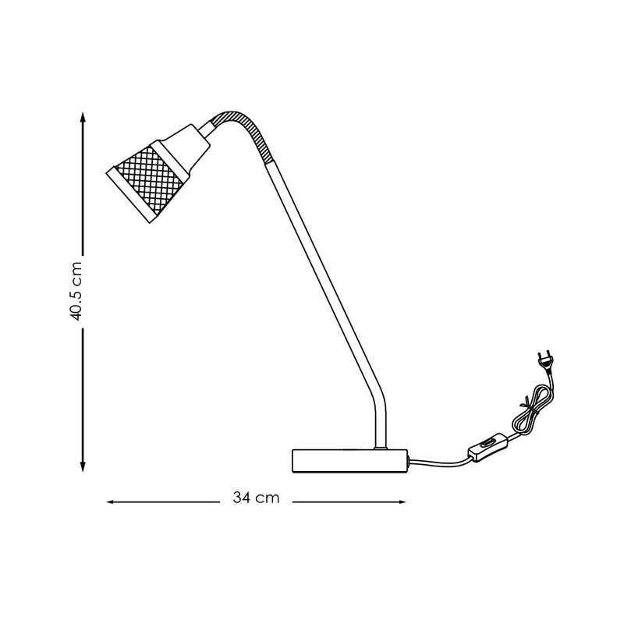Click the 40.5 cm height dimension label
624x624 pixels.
pos(76,290)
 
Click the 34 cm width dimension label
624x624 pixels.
pos(256,498)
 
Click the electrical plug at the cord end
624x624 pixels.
pos(544,363)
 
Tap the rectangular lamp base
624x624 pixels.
pos(350,459)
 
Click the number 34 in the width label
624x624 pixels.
pos(241,498)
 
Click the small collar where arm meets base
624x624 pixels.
pos(380,447)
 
